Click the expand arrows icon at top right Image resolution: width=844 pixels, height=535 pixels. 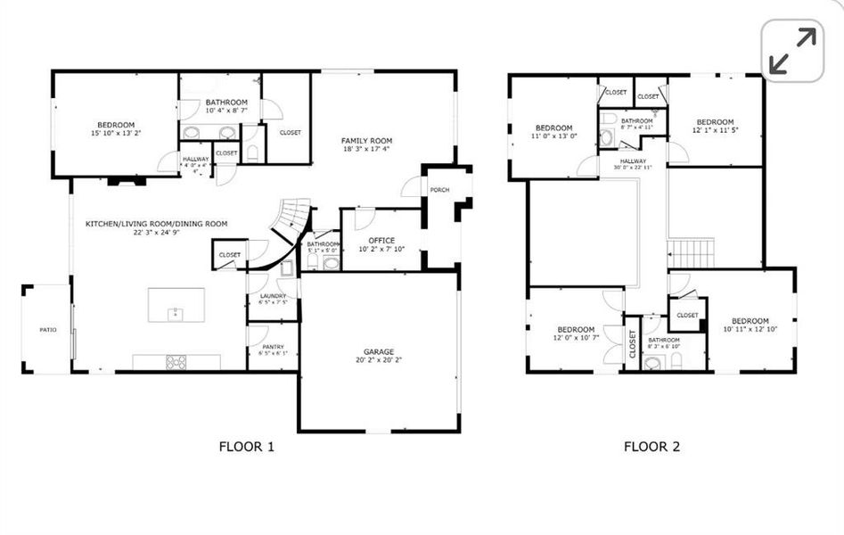coord(791,50)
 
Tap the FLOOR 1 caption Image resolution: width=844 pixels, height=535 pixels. coord(246,447)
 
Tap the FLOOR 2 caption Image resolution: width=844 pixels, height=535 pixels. coord(651,447)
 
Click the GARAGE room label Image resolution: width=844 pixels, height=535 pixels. coord(379,351)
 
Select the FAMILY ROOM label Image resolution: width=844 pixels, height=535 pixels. coord(366,141)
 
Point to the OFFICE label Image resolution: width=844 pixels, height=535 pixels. coord(381,240)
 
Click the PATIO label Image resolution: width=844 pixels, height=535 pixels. coord(47,330)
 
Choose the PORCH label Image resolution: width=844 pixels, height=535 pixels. coord(439,190)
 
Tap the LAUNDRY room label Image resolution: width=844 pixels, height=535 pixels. coord(272,295)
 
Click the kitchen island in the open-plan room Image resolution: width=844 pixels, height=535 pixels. coord(176,306)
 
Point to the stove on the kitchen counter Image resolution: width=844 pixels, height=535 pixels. coord(176,361)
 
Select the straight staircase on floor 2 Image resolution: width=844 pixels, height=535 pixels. coord(692,252)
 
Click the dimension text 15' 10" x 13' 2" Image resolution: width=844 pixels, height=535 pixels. coord(116,133)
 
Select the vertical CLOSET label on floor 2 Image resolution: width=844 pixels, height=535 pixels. coord(633,343)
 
